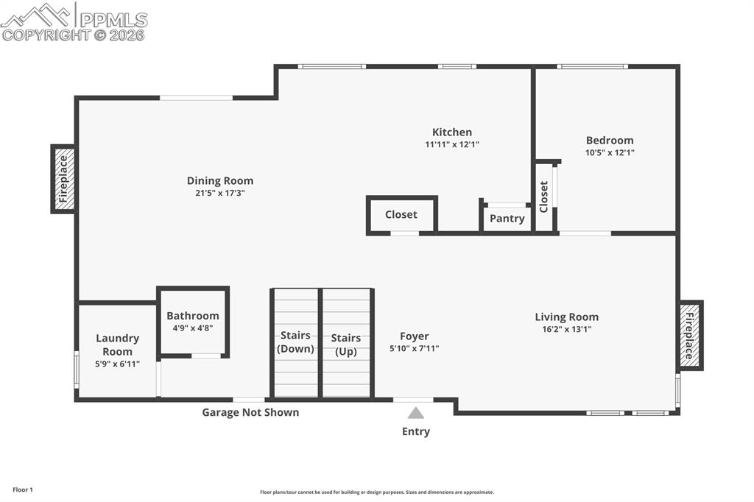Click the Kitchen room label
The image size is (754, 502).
(451, 132)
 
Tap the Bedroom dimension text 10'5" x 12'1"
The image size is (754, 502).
(609, 153)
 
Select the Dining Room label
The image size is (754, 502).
(219, 180)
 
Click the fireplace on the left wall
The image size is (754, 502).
(63, 179)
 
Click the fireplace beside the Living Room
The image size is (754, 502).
(690, 336)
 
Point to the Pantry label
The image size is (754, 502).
(507, 219)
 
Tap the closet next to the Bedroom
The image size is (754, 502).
(544, 197)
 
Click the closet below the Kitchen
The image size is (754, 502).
(401, 215)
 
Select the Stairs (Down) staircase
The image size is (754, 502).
(295, 342)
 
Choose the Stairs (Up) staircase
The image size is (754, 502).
(346, 344)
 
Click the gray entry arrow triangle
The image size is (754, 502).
(416, 413)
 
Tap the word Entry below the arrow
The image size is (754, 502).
(416, 431)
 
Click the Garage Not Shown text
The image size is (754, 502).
(250, 412)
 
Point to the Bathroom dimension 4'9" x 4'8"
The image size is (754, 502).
(193, 328)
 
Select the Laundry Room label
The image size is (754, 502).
(117, 344)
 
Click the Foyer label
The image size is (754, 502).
(415, 336)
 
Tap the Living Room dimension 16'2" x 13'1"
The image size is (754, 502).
(566, 329)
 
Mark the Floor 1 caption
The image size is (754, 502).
(23, 489)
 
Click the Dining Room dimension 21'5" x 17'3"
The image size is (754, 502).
(219, 193)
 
